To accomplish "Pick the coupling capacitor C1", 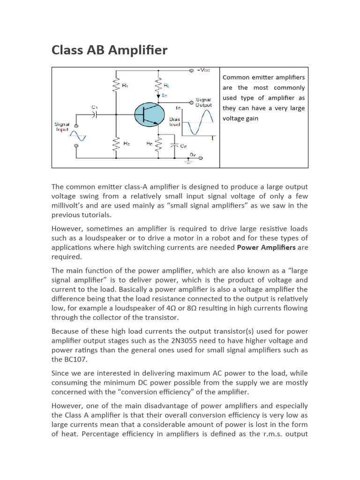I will tap(95, 113).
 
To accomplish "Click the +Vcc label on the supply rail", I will tap(204, 70).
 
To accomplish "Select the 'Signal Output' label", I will tap(203, 102).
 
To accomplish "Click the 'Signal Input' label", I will tap(62, 127).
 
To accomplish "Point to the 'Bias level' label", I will tap(174, 122).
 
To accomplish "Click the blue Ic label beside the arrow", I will tap(165, 95).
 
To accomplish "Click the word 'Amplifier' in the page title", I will tap(138, 50).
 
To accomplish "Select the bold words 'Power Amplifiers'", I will tap(266, 247).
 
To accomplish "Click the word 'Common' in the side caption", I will tap(236, 77).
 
